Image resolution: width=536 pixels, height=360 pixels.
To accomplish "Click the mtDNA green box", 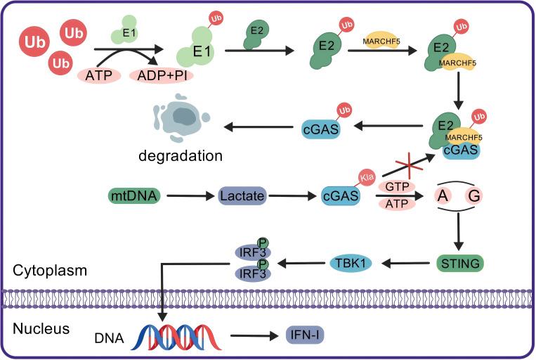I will click(133, 195).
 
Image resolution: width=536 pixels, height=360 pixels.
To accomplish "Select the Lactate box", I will click(242, 195).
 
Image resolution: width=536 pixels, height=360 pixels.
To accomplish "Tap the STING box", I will click(458, 264).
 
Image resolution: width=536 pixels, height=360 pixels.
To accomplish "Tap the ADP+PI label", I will click(163, 74).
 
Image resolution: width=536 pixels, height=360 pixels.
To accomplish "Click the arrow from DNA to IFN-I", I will click(255, 336).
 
